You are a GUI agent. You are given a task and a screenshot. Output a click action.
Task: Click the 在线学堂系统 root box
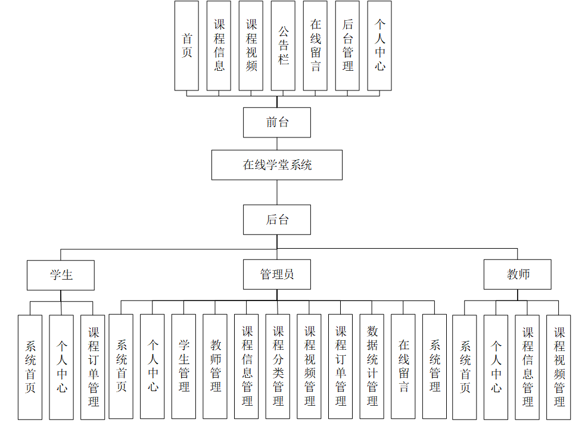[x=277, y=165]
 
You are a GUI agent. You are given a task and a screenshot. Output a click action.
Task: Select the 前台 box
[x=277, y=123]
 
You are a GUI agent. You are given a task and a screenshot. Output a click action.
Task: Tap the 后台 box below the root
[x=277, y=220]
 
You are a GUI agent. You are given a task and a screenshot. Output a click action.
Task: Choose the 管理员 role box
[x=277, y=275]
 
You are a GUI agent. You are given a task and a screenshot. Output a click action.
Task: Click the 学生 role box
[x=61, y=275]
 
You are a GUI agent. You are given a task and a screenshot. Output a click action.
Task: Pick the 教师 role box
[x=518, y=275]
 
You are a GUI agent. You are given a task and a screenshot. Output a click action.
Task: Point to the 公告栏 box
[x=283, y=45]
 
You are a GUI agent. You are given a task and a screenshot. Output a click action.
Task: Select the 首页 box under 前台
[x=186, y=45]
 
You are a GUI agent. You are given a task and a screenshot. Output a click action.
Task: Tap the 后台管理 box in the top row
[x=347, y=45]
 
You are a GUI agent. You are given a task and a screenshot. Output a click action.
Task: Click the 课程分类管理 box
[x=278, y=367]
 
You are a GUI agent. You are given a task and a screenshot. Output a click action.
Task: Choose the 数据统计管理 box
[x=372, y=367]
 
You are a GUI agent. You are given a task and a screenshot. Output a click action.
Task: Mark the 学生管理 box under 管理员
[x=183, y=367]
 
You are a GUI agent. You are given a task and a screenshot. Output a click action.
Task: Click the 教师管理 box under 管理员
[x=215, y=367]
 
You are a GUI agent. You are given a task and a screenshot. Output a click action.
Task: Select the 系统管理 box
[x=434, y=367]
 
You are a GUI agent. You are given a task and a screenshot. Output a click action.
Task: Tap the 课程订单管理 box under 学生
[x=93, y=367]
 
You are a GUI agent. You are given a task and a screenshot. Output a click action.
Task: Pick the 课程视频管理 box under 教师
[x=559, y=367]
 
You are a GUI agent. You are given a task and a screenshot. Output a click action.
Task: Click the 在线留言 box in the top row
[x=315, y=45]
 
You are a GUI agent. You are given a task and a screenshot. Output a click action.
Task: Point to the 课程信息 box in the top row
[x=219, y=45]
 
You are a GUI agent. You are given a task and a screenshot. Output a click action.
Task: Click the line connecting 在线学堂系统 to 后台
[x=277, y=192]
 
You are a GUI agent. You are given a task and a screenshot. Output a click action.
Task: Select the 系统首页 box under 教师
[x=465, y=367]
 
